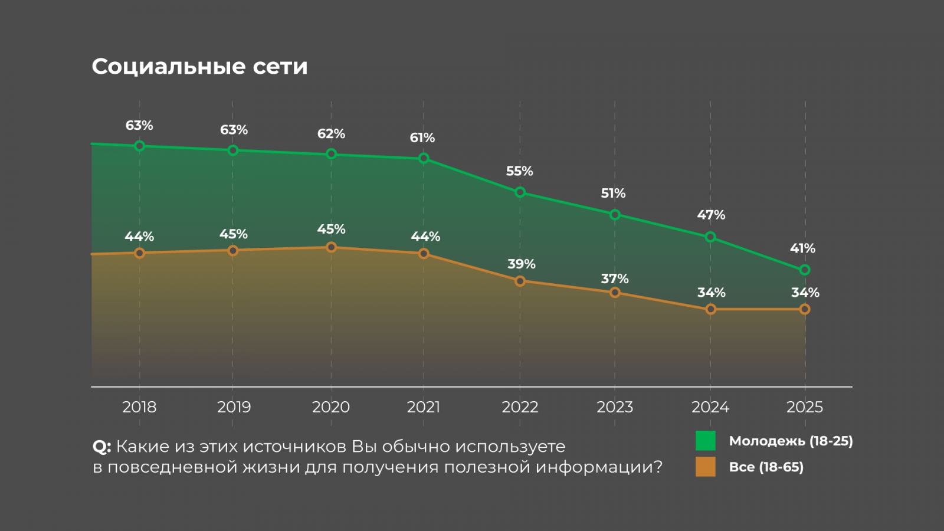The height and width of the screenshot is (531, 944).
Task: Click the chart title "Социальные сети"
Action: (x=199, y=67)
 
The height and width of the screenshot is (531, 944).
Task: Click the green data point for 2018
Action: (x=140, y=146)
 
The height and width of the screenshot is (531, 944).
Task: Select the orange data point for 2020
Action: (x=331, y=247)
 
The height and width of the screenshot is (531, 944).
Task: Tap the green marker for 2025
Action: (x=805, y=270)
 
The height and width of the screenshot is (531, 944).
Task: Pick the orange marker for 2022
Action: (x=520, y=281)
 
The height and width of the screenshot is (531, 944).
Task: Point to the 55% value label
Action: (x=519, y=171)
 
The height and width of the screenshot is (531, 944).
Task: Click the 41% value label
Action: (x=802, y=248)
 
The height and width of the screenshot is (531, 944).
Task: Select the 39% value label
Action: (x=522, y=264)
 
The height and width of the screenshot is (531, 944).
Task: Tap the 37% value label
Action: (x=615, y=278)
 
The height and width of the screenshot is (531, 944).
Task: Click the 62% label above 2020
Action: (x=331, y=134)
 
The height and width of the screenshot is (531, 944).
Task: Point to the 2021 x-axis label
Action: (x=424, y=407)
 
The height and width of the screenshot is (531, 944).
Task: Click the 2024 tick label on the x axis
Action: (x=710, y=407)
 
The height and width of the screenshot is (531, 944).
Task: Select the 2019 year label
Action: (x=234, y=407)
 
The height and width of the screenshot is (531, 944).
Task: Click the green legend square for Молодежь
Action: (x=706, y=441)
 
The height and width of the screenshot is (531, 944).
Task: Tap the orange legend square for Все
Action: (x=706, y=467)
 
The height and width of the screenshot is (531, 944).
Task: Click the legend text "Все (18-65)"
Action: (x=766, y=467)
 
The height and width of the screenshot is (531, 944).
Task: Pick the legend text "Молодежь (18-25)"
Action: (x=791, y=441)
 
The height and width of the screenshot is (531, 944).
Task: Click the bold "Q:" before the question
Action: (x=101, y=447)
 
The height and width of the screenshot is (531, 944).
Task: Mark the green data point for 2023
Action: (x=615, y=215)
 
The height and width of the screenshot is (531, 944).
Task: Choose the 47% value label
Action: (x=711, y=215)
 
